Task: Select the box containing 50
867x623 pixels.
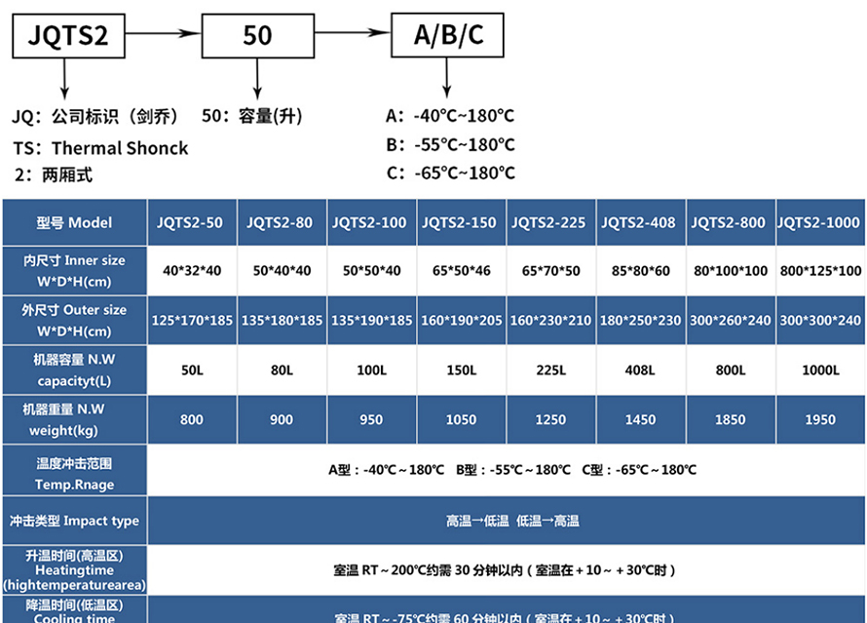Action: tap(257, 36)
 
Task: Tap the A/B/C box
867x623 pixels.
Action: tap(448, 36)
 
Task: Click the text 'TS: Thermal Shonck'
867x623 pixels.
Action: tap(100, 148)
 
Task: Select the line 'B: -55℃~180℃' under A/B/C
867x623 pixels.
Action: tap(450, 144)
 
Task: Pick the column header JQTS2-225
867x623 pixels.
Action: tap(549, 222)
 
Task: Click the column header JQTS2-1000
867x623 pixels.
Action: tap(819, 222)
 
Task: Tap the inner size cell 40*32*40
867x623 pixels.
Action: tap(191, 270)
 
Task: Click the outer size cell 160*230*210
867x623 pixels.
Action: tap(549, 320)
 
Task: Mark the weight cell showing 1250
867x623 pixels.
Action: tap(549, 419)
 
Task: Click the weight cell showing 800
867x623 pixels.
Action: tap(191, 419)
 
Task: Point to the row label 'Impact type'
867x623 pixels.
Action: tap(74, 521)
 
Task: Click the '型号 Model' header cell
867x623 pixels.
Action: tap(74, 222)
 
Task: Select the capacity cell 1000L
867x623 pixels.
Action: tap(819, 370)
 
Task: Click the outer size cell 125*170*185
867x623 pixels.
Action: tap(191, 320)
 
